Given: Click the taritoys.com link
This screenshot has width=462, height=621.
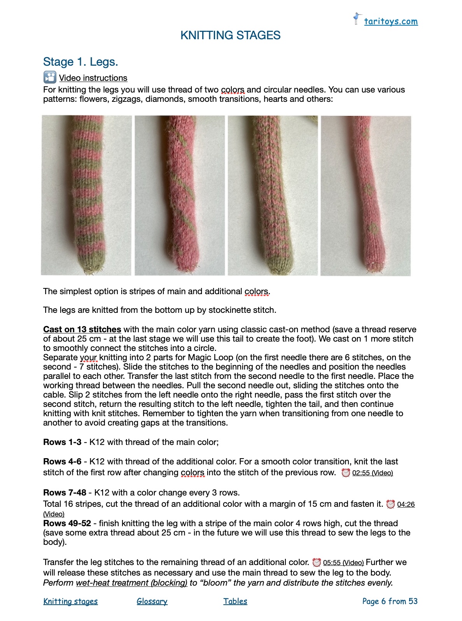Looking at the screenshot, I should (390, 21).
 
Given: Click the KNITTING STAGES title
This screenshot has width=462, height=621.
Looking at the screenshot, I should (230, 35).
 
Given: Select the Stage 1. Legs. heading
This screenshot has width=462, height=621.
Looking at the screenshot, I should (80, 62).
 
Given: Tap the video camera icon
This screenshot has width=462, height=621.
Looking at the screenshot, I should (50, 77).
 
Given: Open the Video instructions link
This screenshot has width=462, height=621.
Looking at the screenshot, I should (93, 78).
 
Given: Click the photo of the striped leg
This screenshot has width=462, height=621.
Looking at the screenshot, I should (86, 195).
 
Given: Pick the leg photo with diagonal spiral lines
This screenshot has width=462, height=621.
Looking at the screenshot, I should (180, 195).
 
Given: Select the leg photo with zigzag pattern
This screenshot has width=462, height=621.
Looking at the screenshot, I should (273, 195).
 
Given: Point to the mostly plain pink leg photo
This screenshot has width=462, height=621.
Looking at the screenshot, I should (366, 195).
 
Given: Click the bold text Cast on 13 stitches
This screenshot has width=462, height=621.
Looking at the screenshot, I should (82, 330).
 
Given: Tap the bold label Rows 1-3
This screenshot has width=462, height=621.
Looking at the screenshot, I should (62, 442).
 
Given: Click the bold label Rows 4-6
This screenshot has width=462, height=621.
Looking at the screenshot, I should (62, 462).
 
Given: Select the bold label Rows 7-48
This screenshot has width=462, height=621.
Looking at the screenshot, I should (65, 493).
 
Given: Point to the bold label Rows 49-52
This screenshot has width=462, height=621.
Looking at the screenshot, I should (67, 523).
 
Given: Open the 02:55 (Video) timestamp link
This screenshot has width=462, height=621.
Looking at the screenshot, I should (372, 473).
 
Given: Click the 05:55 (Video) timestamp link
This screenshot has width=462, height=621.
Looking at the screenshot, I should (343, 563).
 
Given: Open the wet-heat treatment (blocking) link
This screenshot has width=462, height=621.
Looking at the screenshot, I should (131, 583).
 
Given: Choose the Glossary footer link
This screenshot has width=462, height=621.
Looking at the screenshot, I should (152, 602).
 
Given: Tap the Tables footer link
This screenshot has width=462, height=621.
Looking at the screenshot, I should (235, 602).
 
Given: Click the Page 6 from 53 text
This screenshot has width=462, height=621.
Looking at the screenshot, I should (390, 602).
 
